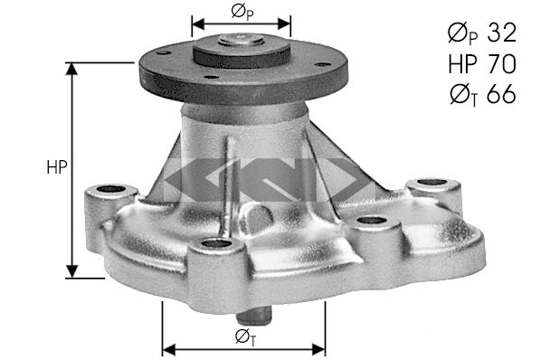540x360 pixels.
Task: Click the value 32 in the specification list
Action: (502, 33)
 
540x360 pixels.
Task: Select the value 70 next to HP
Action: (501, 63)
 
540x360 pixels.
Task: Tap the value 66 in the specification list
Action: (501, 94)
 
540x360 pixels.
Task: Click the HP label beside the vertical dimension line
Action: (57, 167)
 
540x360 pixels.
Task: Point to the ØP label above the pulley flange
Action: (242, 13)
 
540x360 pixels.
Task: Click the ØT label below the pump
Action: (245, 337)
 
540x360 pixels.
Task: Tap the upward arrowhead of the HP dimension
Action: (71, 69)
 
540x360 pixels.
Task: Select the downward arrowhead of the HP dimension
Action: (72, 271)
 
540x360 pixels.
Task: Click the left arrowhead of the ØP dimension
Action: (198, 24)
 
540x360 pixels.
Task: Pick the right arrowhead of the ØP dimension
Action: (284, 24)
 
